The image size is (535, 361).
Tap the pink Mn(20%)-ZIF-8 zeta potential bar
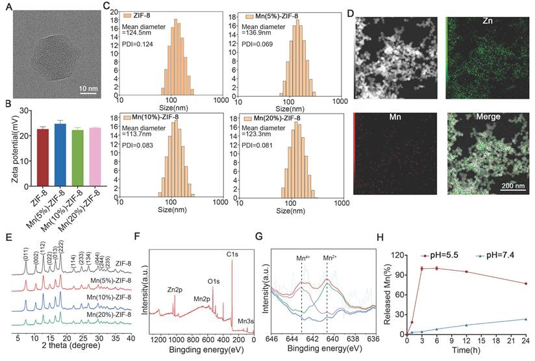[95, 147]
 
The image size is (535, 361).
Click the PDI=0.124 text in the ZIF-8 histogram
[140, 43]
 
